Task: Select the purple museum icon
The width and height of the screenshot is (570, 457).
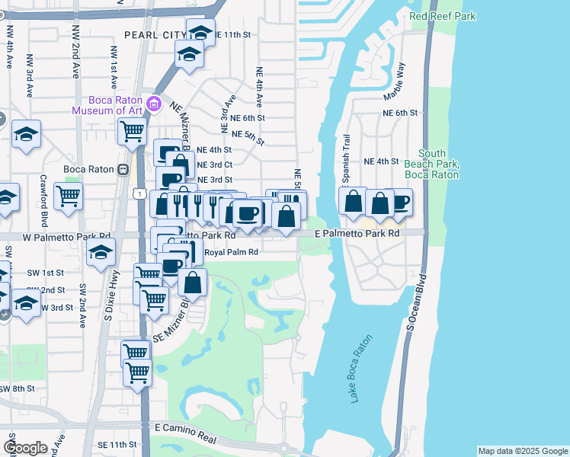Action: [154, 104]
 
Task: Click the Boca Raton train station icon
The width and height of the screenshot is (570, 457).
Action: [122, 169]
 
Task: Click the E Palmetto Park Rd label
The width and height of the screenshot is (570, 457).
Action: [357, 232]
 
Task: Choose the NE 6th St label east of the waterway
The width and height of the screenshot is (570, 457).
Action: [401, 113]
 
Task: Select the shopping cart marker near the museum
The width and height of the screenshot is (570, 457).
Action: [132, 131]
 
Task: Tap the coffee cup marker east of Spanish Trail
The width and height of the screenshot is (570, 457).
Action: [399, 202]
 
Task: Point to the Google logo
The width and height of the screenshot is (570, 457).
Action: [25, 448]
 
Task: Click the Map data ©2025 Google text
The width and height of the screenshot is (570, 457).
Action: [522, 451]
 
